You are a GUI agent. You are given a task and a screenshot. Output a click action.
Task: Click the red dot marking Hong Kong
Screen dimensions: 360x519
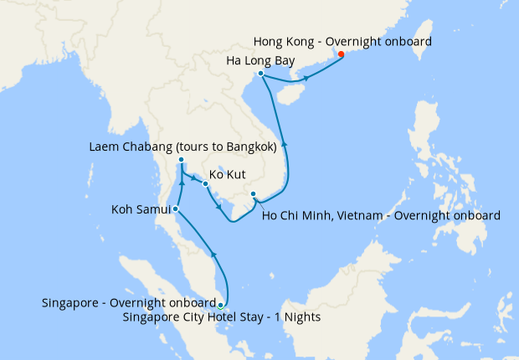tap(341, 55)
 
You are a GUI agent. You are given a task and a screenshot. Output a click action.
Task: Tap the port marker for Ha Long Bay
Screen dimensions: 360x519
tap(261, 74)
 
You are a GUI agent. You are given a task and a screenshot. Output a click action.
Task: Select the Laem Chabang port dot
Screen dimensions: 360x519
tap(181, 160)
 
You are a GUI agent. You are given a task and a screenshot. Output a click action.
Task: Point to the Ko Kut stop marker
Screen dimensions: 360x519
tap(205, 183)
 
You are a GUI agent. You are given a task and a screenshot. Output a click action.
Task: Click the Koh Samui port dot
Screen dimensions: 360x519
tap(175, 208)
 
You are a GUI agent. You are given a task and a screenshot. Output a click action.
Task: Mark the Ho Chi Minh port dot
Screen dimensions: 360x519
tap(254, 195)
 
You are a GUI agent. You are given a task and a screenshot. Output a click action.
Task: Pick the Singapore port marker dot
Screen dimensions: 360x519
tap(220, 305)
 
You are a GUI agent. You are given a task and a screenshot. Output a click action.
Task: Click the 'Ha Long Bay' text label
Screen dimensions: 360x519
tap(261, 60)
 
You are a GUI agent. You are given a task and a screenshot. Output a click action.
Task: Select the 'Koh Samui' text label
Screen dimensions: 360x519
tap(140, 208)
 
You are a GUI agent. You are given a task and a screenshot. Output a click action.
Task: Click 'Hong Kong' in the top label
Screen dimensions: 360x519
tap(285, 40)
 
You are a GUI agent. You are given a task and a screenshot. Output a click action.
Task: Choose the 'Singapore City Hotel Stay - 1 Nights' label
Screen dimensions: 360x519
tap(221, 317)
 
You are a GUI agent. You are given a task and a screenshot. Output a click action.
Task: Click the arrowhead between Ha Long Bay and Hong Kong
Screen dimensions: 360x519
tap(306, 78)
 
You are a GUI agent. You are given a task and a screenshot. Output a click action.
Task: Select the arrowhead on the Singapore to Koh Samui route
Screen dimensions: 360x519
tap(215, 253)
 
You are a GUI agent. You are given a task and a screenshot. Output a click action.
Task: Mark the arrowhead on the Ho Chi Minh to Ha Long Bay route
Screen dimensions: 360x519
tap(285, 143)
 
